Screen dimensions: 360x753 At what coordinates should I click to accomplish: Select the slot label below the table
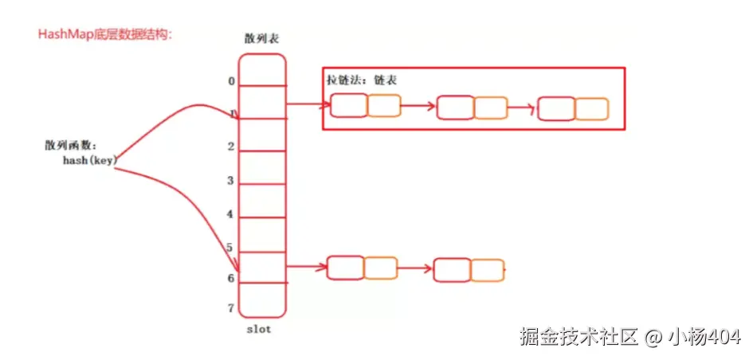pos(260,329)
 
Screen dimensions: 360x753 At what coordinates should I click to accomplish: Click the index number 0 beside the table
pos(231,81)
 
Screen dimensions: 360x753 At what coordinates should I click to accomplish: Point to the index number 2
pos(231,147)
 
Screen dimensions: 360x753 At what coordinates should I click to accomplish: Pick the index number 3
pos(231,181)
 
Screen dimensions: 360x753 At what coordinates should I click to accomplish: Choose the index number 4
pos(231,214)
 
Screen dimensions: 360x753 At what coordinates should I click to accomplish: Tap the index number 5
pos(229,248)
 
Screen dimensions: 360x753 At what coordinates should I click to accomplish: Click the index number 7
pos(231,308)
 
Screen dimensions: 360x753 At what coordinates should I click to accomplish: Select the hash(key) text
pos(90,160)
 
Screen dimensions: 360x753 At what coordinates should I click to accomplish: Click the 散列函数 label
pos(71,146)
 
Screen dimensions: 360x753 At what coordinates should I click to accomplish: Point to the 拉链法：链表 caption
pos(362,81)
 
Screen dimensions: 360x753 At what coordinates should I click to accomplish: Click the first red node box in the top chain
pos(349,106)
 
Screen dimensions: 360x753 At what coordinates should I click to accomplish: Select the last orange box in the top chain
pos(592,109)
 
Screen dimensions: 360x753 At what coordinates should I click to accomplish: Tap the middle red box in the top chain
pos(456,108)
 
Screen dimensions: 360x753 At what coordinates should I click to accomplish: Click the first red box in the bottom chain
pos(345,268)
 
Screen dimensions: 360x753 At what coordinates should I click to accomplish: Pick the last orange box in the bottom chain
pos(487,269)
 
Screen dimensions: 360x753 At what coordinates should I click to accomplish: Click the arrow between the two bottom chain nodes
pos(415,268)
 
